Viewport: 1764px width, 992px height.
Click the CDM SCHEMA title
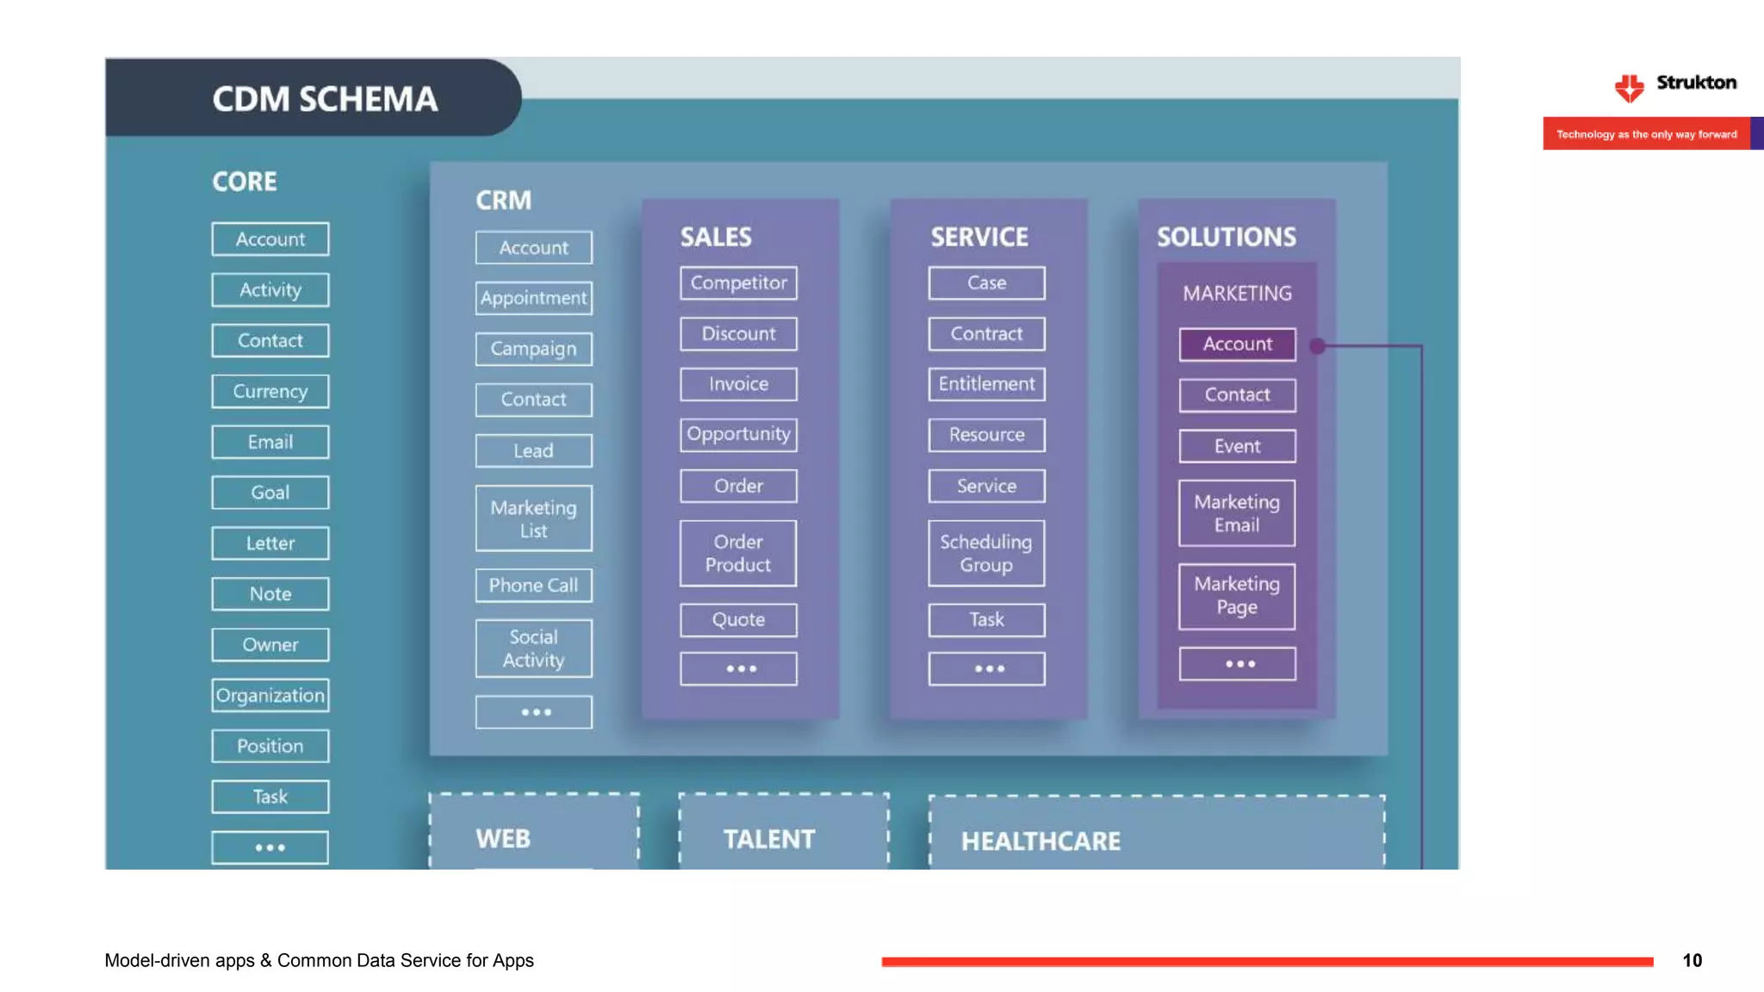(325, 99)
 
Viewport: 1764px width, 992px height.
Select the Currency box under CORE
(270, 392)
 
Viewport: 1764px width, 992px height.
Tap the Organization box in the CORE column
(270, 696)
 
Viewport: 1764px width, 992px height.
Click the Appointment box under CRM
(533, 298)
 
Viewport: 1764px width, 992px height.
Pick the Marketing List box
(533, 519)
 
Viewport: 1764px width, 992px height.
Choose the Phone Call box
(533, 586)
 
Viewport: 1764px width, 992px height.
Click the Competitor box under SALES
(738, 283)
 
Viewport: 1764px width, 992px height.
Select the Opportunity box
(738, 435)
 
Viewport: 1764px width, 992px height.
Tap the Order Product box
(738, 554)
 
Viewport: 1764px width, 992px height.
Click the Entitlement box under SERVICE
(986, 384)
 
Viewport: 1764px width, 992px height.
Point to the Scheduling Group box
(986, 554)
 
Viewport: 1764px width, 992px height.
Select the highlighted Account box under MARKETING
(1237, 344)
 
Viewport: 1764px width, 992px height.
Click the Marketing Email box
(1237, 513)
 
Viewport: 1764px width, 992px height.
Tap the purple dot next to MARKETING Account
(1317, 346)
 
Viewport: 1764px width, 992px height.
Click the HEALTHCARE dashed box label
(1040, 841)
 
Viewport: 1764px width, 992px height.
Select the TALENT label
(768, 840)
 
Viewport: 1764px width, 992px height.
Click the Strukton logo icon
(1629, 87)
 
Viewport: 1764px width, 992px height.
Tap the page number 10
(1692, 961)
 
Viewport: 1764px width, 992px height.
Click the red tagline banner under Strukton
(1646, 134)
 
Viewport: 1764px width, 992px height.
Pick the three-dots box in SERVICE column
(986, 669)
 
